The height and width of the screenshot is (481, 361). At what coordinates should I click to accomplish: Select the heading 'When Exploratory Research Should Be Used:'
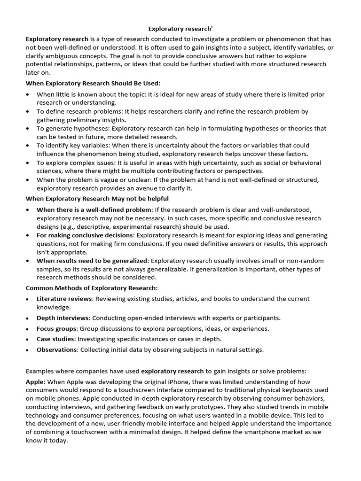tap(93, 83)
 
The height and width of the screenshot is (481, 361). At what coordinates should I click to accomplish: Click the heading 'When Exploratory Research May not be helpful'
tap(97, 199)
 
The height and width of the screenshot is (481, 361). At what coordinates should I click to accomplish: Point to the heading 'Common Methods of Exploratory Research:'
tap(92, 287)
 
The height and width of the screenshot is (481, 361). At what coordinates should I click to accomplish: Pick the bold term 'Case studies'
tap(56, 339)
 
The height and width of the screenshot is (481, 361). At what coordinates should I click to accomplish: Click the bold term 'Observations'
tap(57, 349)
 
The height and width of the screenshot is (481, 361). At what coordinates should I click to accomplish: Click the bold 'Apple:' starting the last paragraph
tap(36, 382)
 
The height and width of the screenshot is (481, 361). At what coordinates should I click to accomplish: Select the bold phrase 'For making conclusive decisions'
tap(86, 235)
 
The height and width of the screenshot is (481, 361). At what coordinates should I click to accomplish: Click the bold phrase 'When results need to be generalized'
tap(92, 261)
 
